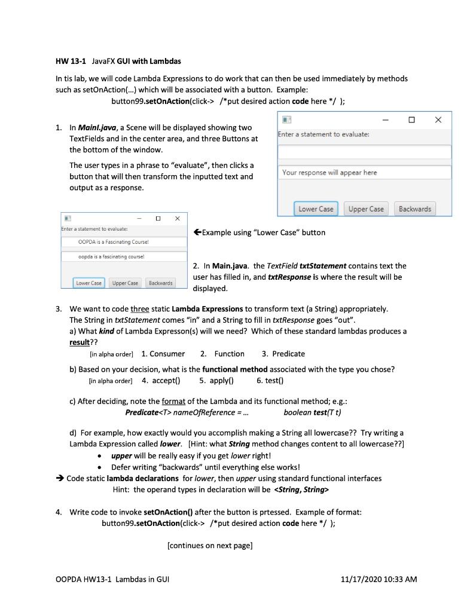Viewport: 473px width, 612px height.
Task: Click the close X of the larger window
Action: [438, 120]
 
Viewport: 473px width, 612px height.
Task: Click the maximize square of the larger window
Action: [412, 120]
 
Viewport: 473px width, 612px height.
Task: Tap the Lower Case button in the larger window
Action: [316, 209]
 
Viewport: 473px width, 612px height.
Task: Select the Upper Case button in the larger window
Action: [366, 209]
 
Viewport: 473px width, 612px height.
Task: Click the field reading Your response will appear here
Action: [364, 173]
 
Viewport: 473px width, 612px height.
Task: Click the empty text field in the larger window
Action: [364, 152]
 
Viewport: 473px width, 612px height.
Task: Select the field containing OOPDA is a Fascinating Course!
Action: [124, 242]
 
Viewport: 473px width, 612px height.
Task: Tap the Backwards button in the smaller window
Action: [160, 283]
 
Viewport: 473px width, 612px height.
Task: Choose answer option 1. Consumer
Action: [163, 354]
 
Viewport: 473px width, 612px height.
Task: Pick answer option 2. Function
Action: [222, 354]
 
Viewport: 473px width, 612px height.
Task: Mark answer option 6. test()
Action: [270, 380]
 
